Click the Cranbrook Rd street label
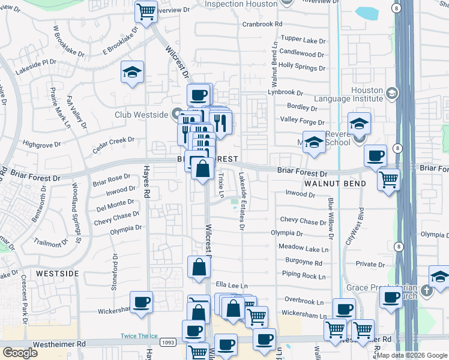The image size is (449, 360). [x=262, y=24]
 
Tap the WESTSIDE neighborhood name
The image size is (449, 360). [x=57, y=273]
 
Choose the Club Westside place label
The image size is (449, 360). [x=142, y=113]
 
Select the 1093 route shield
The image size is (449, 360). [x=168, y=342]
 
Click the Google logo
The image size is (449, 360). [x=20, y=353]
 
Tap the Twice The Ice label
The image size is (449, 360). [x=137, y=335]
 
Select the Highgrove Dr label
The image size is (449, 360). [x=41, y=144]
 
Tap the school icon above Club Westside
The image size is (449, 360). [x=132, y=72]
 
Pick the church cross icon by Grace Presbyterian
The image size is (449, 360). [x=426, y=291]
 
